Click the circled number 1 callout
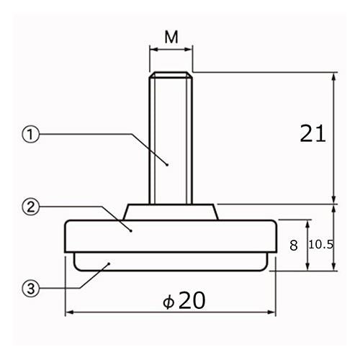(30, 135)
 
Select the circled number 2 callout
(30, 207)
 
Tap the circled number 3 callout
(30, 288)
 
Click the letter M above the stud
(171, 37)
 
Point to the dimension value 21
(312, 133)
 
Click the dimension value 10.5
(321, 245)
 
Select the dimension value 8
(294, 246)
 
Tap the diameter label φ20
(184, 300)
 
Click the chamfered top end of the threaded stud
(171, 75)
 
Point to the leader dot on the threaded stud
(167, 165)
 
